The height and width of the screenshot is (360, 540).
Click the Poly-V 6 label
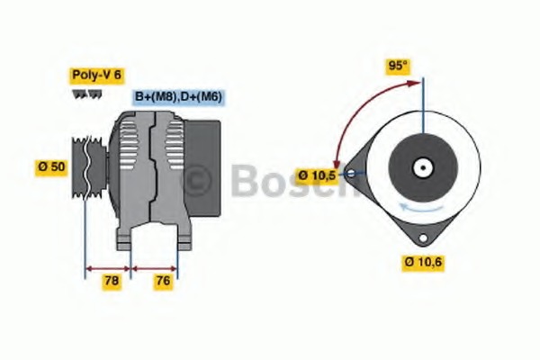tap(97, 75)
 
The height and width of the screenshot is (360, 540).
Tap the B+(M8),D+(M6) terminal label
tap(178, 96)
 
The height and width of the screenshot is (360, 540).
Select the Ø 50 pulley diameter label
tap(51, 167)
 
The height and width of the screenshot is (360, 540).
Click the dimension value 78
tap(112, 281)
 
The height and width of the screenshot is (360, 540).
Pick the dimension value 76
tap(163, 281)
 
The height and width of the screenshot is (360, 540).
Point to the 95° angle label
tap(398, 66)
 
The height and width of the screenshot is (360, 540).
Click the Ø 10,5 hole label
tap(317, 175)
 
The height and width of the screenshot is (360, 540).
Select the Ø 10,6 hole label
tap(423, 263)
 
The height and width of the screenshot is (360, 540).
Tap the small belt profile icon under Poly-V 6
tap(86, 94)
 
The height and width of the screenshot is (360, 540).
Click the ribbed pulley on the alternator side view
tap(89, 167)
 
